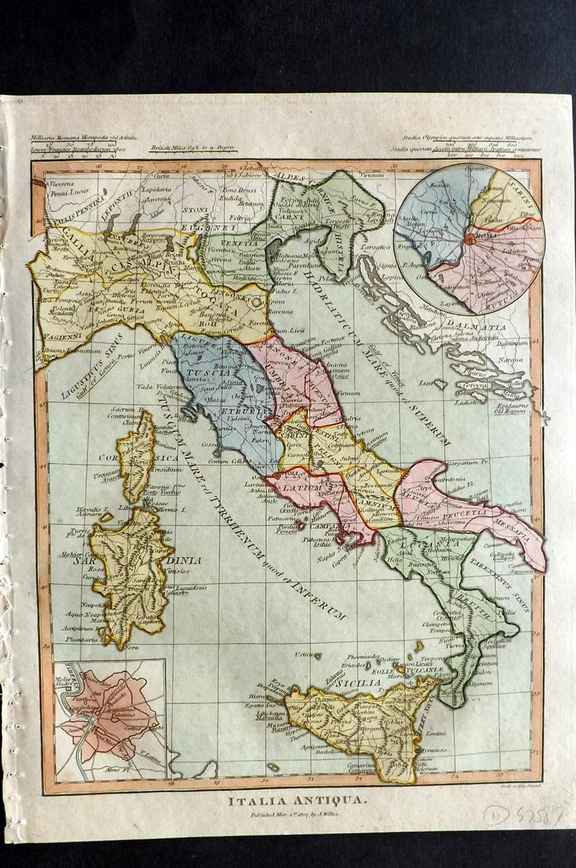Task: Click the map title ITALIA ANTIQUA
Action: click(287, 800)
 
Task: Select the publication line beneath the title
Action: click(287, 817)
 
